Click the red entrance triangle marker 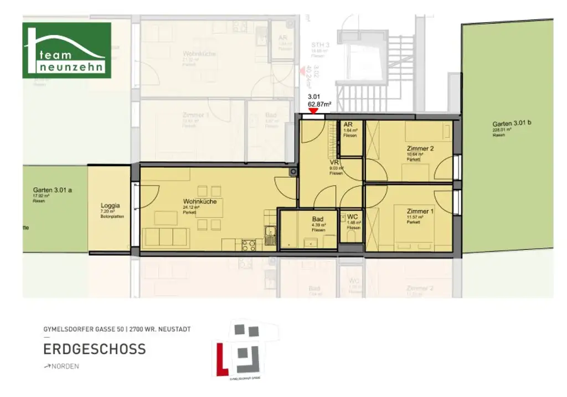pyautogui.click(x=313, y=111)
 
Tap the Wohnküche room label pyautogui.click(x=199, y=202)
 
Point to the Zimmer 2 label pyautogui.click(x=420, y=148)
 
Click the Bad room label pyautogui.click(x=317, y=219)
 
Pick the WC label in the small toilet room pyautogui.click(x=353, y=218)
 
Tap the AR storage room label pyautogui.click(x=348, y=125)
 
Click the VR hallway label pyautogui.click(x=334, y=163)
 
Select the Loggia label pyautogui.click(x=111, y=205)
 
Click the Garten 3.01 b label pyautogui.click(x=512, y=123)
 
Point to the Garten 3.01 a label pyautogui.click(x=52, y=190)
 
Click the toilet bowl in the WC pyautogui.click(x=349, y=237)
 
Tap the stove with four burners pyautogui.click(x=249, y=244)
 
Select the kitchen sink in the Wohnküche pyautogui.click(x=270, y=235)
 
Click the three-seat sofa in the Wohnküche pyautogui.click(x=165, y=237)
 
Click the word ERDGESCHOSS pyautogui.click(x=95, y=349)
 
